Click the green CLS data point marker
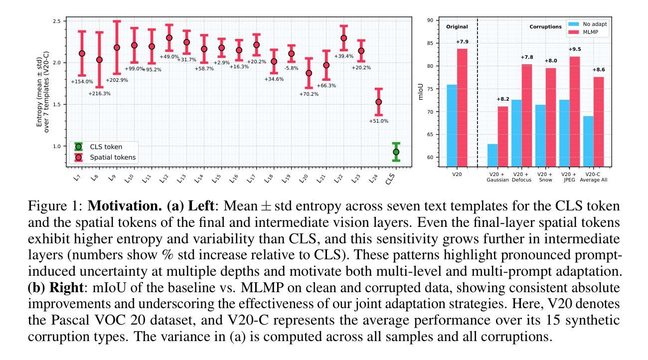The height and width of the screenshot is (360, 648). coord(396,152)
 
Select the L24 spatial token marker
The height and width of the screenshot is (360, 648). coord(378,102)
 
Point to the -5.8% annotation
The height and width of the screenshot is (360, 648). coord(291,68)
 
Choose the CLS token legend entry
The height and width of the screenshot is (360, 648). coord(105,147)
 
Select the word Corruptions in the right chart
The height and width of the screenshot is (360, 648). coord(545,26)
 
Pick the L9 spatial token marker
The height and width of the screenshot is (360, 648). coord(117,48)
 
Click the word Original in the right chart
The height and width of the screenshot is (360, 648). coord(457,26)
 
